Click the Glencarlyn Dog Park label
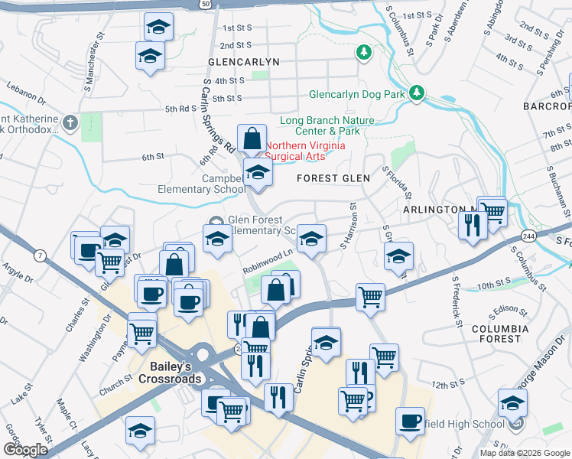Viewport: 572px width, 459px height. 356,96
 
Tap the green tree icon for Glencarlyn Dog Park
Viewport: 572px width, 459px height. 417,93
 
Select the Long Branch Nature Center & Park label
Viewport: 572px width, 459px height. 327,125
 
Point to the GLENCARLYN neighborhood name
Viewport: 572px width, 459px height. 243,61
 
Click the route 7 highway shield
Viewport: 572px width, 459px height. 39,255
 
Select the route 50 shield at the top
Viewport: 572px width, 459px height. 206,4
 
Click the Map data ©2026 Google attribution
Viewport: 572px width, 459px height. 524,453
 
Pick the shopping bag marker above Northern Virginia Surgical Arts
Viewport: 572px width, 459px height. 252,139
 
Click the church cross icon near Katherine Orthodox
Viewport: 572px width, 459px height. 70,122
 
